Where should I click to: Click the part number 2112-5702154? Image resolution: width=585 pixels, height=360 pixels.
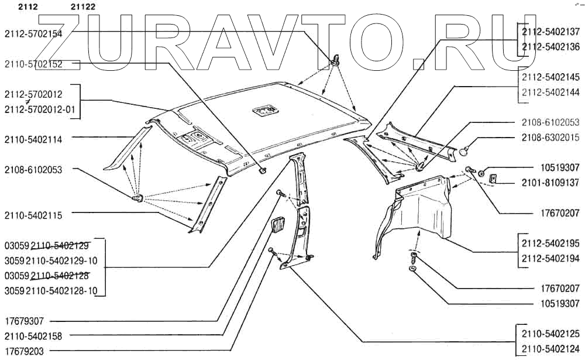point(33,34)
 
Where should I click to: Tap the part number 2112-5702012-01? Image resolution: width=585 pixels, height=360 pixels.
point(42,109)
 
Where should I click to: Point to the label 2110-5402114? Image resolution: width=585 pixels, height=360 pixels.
point(33,139)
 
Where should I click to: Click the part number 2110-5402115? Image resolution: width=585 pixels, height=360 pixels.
point(33,215)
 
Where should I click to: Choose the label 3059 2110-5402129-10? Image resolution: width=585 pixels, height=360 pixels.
point(50,260)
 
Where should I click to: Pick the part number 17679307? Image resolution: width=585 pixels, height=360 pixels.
point(24,321)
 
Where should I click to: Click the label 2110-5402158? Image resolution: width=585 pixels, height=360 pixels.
point(33,336)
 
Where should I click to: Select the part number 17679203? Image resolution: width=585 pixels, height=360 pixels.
point(24,351)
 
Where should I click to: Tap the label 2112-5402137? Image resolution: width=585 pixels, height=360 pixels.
point(550,32)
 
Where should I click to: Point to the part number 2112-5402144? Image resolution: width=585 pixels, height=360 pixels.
point(550,92)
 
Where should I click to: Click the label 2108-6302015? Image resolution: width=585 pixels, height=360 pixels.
point(550,138)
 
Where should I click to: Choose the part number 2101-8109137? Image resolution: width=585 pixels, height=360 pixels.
point(550,183)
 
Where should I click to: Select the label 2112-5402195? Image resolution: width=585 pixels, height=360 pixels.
point(550,243)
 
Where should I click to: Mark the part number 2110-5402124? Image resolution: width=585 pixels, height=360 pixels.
point(550,349)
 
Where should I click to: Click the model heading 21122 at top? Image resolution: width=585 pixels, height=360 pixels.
point(83,7)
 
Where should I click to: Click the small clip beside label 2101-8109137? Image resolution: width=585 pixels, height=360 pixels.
point(492,177)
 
